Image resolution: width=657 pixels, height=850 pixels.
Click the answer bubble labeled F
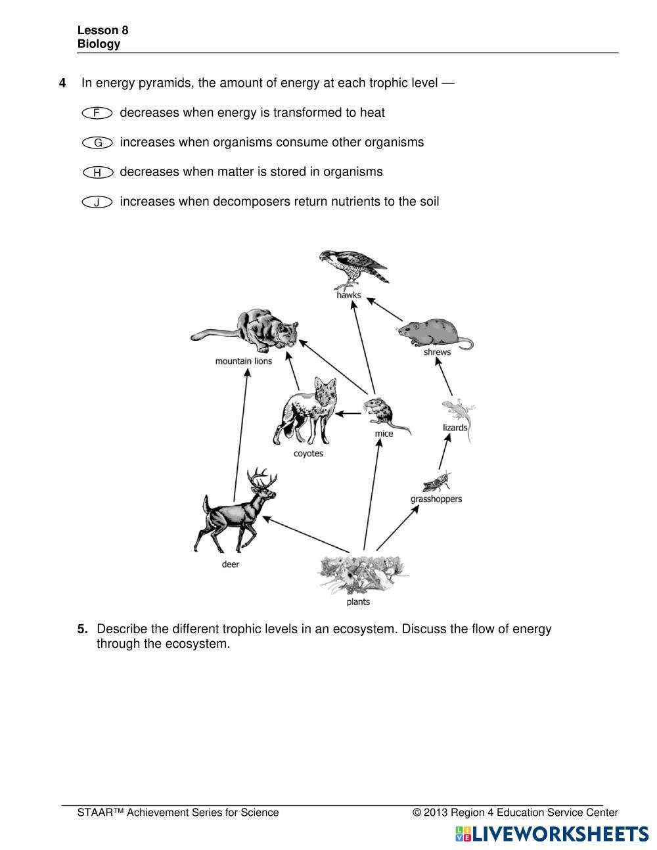pyautogui.click(x=97, y=113)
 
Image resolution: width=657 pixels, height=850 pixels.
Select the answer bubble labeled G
pyautogui.click(x=97, y=143)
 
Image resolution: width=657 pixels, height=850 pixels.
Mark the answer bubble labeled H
pyautogui.click(x=97, y=172)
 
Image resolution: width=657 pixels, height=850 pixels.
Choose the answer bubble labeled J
pyautogui.click(x=97, y=202)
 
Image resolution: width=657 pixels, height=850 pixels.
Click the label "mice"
pyautogui.click(x=384, y=434)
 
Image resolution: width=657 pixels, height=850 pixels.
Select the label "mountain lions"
pyautogui.click(x=243, y=361)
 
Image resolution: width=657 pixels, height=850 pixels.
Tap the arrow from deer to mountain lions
pyautogui.click(x=241, y=434)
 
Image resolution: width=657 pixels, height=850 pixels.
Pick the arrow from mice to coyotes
pyautogui.click(x=350, y=413)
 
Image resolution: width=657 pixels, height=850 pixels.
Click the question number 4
pyautogui.click(x=62, y=83)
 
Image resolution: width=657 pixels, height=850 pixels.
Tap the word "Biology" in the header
pyautogui.click(x=99, y=44)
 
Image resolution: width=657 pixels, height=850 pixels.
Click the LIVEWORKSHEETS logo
pyautogui.click(x=552, y=834)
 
